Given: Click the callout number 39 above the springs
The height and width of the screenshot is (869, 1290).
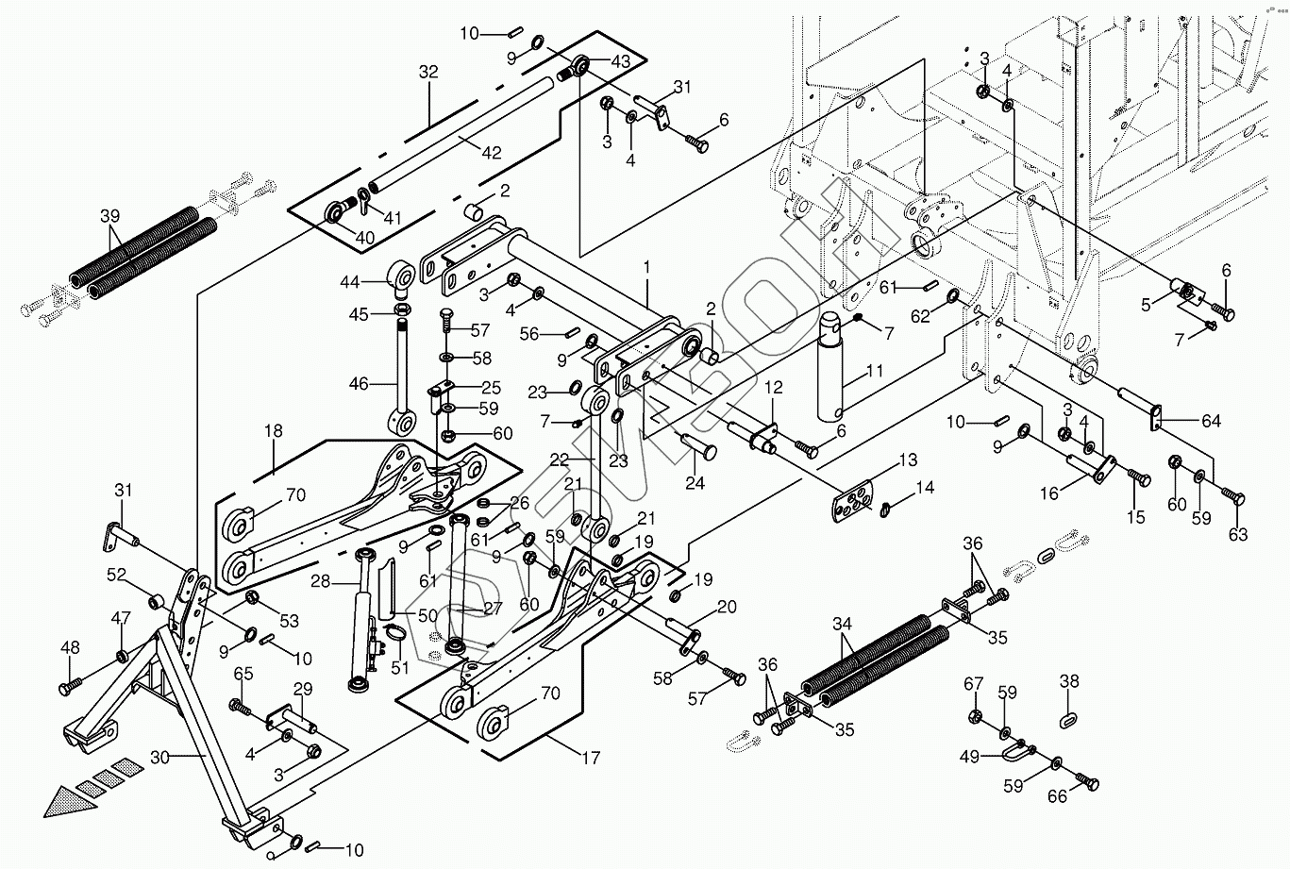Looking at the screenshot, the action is [110, 216].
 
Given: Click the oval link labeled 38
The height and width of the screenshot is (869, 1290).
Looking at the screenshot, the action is [1068, 719].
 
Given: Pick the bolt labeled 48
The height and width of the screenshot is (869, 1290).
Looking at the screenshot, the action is [70, 687].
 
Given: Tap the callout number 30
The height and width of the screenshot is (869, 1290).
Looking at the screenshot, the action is [160, 758].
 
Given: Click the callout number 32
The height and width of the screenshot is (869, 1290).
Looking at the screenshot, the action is [428, 72].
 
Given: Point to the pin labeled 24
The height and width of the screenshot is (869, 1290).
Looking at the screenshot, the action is [698, 447].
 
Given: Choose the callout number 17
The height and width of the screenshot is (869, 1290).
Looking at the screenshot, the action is [591, 758].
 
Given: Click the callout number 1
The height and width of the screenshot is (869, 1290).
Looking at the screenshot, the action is [646, 267].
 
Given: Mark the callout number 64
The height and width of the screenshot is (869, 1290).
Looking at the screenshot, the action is [1211, 421].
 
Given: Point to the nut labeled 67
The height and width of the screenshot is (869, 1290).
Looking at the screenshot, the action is [975, 716].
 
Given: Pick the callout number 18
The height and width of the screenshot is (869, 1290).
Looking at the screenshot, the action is [274, 431].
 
